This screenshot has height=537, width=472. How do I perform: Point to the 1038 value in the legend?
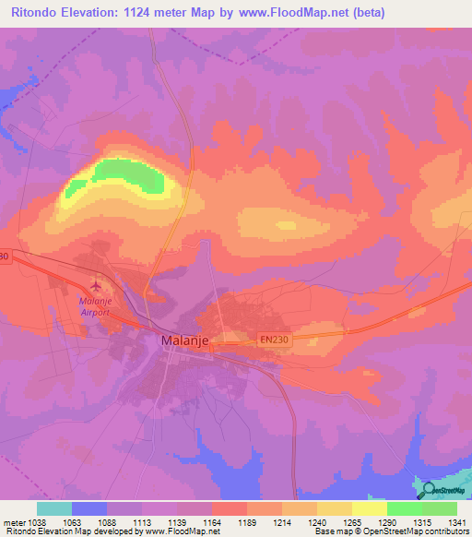click(x=36, y=522)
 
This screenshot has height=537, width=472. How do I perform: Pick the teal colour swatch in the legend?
click(x=53, y=508)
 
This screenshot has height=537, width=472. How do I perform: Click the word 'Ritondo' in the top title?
click(x=32, y=12)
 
